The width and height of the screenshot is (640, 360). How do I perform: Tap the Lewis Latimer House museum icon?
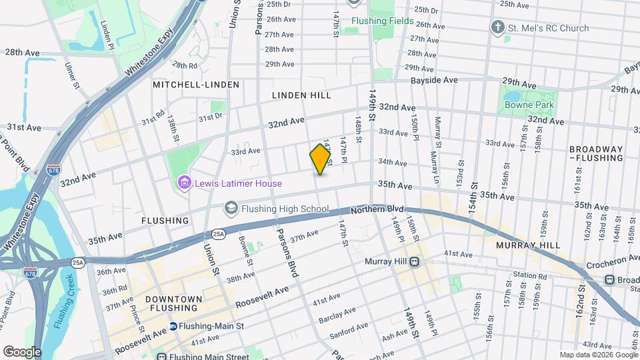pos(185,183)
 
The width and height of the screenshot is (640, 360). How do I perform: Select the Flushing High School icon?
pos(231,209)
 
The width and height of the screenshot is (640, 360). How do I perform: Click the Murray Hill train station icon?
pos(414,261)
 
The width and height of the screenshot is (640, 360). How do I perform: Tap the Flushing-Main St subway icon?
pos(173,326)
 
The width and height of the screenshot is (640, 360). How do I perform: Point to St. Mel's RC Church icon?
pos(497,28)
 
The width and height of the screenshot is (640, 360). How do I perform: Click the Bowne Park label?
pos(529,105)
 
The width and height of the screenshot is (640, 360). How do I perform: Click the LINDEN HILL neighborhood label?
pos(301,95)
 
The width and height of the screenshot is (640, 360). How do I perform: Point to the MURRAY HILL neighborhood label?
pos(528,245)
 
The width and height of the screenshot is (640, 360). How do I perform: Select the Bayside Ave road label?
pos(433,80)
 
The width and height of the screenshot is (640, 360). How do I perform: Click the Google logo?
pos(21,351)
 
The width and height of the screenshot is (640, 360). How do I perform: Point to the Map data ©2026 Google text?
pos(597,355)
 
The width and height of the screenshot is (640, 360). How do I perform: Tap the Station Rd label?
pos(530,275)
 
